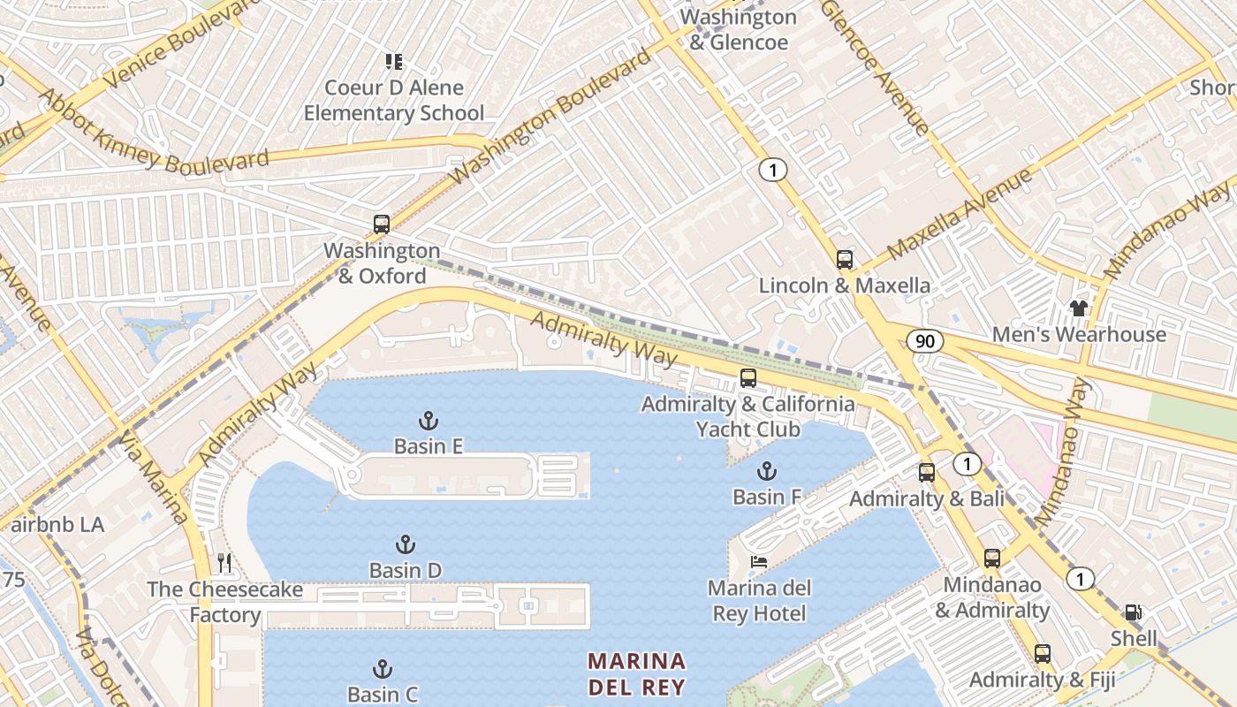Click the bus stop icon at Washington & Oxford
[x=382, y=224]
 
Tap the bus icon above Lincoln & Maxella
[x=845, y=260]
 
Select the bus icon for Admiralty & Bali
[x=926, y=473]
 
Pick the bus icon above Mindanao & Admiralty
[x=992, y=559]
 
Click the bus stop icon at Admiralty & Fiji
[x=1043, y=654]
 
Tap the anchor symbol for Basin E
[x=429, y=421]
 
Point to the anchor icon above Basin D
[x=406, y=544]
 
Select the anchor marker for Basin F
[x=766, y=471]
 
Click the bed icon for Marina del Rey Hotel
[x=759, y=561]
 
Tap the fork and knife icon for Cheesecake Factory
[x=224, y=563]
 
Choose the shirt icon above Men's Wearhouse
[x=1078, y=308]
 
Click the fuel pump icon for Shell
[x=1132, y=612]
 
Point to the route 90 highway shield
[x=924, y=341]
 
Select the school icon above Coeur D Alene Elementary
[x=394, y=62]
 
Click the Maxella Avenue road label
[x=960, y=215]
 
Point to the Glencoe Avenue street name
[x=875, y=66]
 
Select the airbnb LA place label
[x=57, y=525]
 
